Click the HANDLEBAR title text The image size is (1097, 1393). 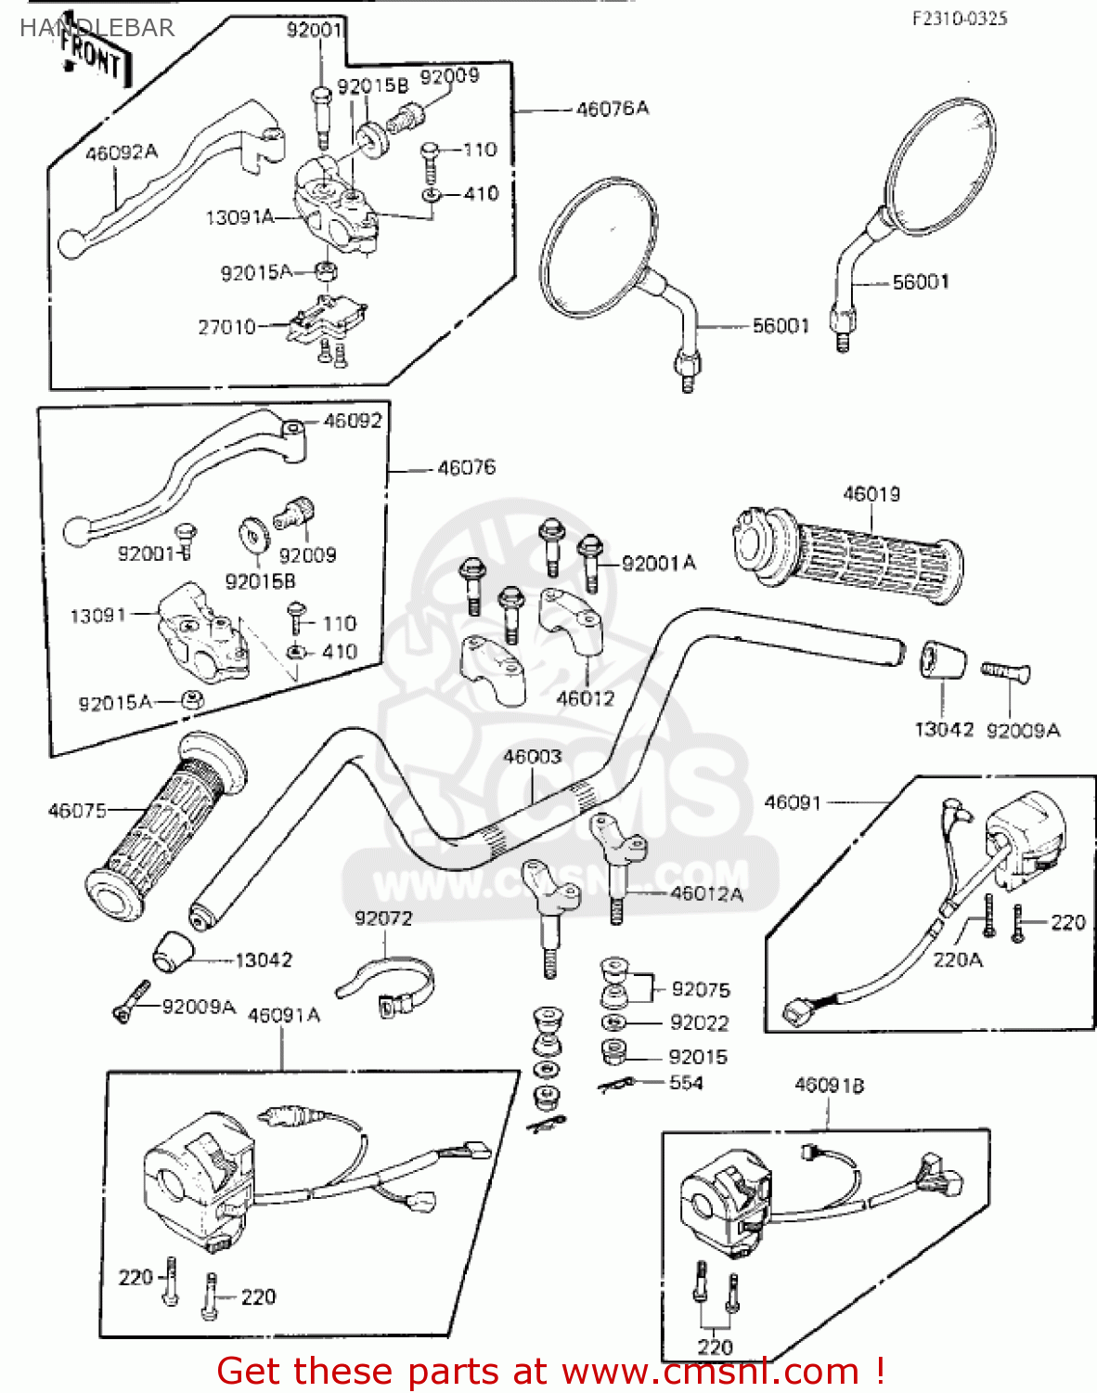tap(97, 28)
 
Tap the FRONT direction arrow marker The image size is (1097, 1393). tap(92, 59)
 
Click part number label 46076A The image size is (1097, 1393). tap(612, 109)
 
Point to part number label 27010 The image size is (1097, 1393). tap(226, 327)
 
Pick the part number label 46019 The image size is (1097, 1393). tap(871, 494)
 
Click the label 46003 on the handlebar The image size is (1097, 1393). tap(532, 757)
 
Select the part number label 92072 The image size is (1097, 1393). tap(382, 918)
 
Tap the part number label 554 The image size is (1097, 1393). tap(686, 1083)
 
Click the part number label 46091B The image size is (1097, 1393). tap(829, 1086)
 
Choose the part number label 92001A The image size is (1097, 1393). tap(658, 563)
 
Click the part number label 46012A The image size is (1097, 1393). tap(706, 893)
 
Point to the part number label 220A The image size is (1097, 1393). tap(957, 959)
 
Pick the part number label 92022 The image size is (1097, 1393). tap(699, 1022)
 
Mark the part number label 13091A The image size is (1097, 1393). tap(239, 217)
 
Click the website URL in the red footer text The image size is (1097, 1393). tap(710, 1372)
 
